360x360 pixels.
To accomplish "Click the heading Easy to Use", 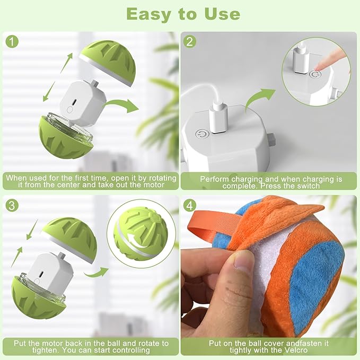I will click(x=180, y=14).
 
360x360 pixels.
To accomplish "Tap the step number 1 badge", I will click(x=11, y=41).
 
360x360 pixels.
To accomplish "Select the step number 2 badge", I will click(x=190, y=41).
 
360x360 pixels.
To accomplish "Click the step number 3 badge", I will click(x=11, y=205).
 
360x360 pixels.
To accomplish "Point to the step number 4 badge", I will click(x=190, y=205).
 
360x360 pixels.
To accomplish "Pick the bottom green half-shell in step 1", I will click(x=64, y=141).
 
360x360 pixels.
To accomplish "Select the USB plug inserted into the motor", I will click(x=219, y=115).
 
